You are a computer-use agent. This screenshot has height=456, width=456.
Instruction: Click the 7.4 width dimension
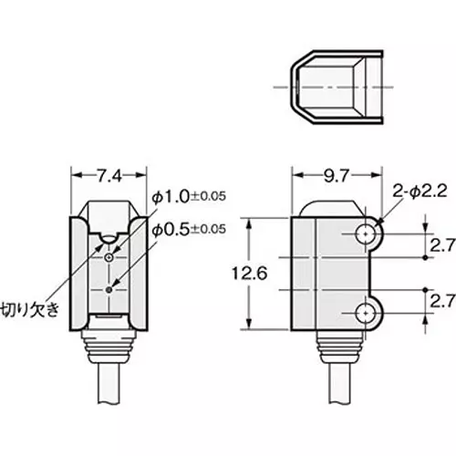pyautogui.click(x=109, y=172)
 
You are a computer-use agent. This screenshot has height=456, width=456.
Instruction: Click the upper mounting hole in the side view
pyautogui.click(x=367, y=234)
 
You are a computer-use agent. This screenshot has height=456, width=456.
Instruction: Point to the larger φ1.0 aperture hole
pyautogui.click(x=109, y=258)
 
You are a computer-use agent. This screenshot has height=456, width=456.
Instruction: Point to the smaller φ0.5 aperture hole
pyautogui.click(x=109, y=289)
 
